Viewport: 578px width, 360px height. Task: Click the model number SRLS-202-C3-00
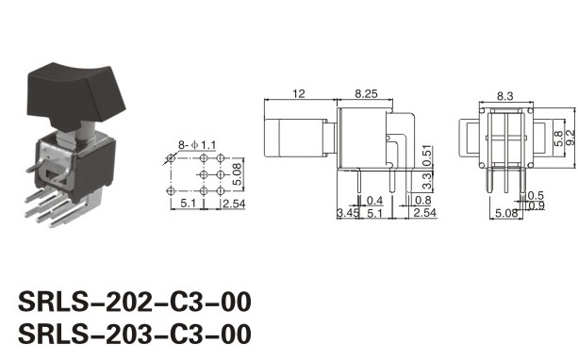135,302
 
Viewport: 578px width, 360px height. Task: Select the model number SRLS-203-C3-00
135,335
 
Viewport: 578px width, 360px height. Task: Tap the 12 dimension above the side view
299,93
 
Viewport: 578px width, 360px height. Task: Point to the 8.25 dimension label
366,93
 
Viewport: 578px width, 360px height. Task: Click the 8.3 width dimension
504,96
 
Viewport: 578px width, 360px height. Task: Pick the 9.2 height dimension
570,138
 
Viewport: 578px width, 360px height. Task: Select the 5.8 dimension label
559,139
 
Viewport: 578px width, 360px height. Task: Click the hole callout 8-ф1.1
197,145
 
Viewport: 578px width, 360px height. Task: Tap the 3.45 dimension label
348,213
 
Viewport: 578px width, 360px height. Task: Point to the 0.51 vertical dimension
426,155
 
